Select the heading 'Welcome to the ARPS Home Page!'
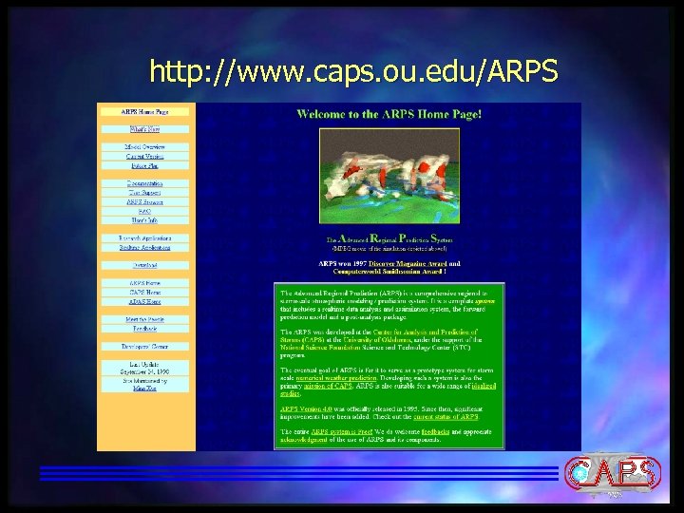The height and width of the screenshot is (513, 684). tap(389, 114)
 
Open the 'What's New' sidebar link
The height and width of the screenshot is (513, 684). tap(145, 128)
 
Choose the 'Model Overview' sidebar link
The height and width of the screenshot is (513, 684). tap(145, 147)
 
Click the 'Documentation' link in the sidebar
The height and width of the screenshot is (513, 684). tap(145, 183)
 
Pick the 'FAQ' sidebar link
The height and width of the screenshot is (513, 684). tap(145, 211)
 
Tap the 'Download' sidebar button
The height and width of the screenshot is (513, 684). tap(145, 265)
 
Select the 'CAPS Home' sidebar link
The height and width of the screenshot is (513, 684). tap(145, 293)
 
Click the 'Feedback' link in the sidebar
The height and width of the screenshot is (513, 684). tap(145, 329)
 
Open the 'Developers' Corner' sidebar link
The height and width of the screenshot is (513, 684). tap(145, 347)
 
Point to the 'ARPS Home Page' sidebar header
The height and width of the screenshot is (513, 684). tap(145, 111)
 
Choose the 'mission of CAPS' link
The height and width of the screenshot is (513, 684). tap(328, 386)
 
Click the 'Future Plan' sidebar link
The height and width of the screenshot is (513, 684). tap(145, 165)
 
